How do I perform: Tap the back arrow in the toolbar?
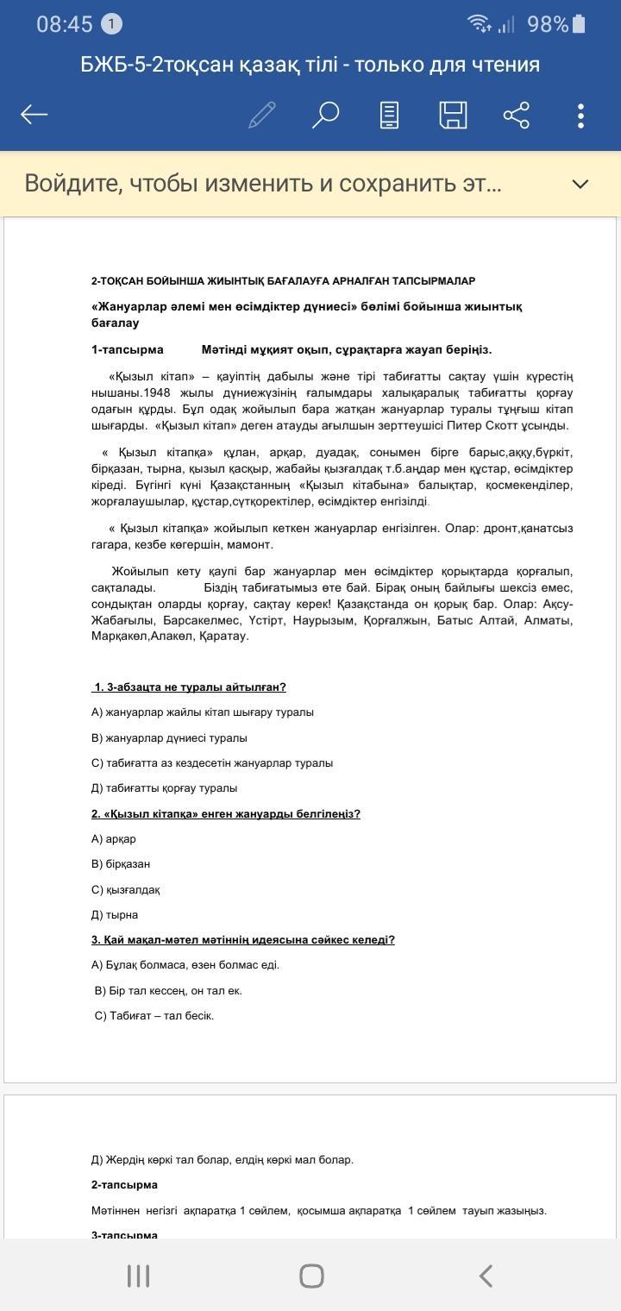[34, 115]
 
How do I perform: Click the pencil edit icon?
[261, 115]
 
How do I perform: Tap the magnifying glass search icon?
[325, 115]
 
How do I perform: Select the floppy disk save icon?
[453, 115]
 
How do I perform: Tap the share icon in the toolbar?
[516, 115]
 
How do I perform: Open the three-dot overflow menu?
[581, 115]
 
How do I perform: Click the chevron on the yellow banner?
[580, 184]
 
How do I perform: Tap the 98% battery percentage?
[548, 25]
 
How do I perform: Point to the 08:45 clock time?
[64, 25]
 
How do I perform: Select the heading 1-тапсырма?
[128, 349]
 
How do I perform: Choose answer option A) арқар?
[114, 838]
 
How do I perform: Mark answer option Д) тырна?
[115, 914]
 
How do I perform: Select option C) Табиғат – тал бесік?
[154, 1015]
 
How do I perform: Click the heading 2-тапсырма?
[124, 1184]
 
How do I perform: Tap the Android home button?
[310, 1276]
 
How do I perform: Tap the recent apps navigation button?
[138, 1276]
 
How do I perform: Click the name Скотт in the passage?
[508, 425]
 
